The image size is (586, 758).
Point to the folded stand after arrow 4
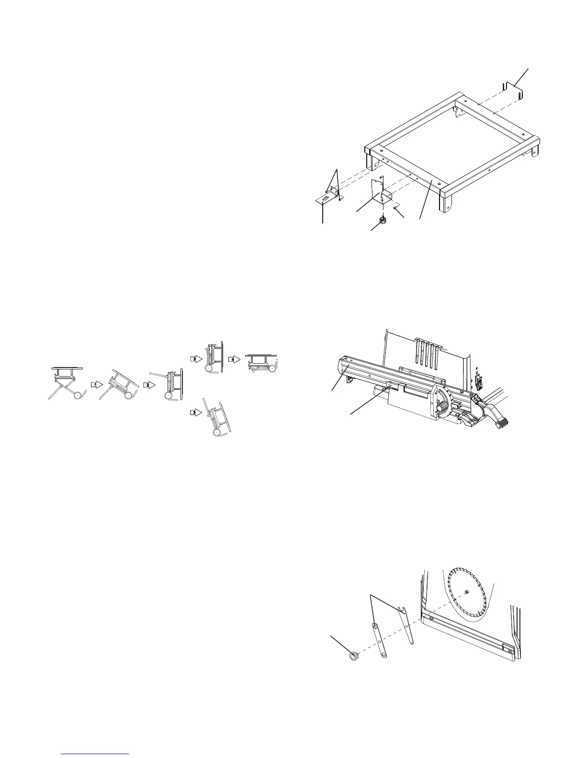261,364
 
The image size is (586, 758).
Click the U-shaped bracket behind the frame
512,90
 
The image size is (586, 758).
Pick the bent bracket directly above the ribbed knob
383,191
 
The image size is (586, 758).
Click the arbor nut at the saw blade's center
466,591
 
